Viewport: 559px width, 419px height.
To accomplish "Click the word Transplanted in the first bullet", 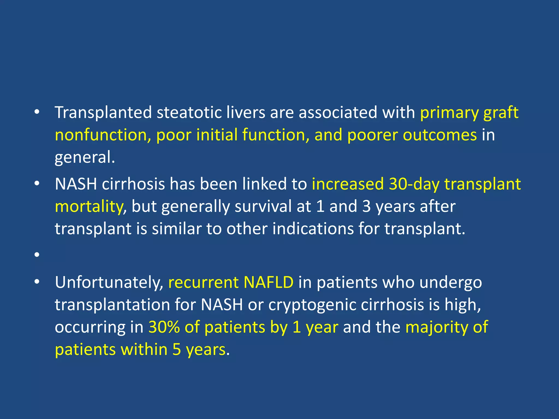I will point(103,112).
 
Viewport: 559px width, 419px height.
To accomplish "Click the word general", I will point(85,158).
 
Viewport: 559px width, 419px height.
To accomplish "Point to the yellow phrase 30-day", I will point(414,184).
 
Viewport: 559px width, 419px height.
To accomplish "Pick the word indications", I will point(313,229).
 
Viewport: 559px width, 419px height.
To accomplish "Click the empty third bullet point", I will point(37,255).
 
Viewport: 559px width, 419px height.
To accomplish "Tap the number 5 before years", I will point(177,349).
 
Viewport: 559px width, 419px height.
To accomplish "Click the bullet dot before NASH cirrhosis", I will point(37,184).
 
